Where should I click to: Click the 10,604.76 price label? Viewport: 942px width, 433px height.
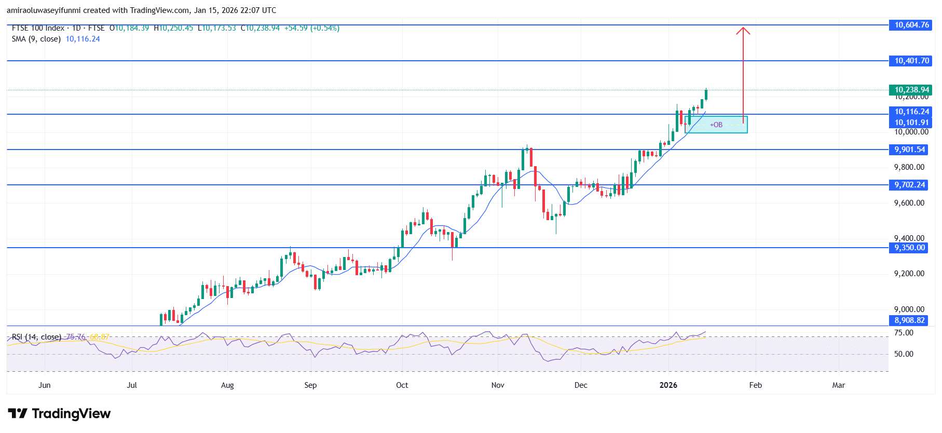click(911, 25)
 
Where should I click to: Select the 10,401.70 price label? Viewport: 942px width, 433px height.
click(911, 61)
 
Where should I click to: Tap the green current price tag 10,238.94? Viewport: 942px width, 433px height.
click(911, 90)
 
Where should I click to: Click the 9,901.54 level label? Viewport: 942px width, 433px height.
click(909, 150)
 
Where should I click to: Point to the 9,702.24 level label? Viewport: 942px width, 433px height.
click(909, 185)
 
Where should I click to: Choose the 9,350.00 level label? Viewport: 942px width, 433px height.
click(909, 248)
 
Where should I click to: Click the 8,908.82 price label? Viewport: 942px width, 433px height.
click(909, 320)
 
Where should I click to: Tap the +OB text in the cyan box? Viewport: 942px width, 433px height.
click(716, 125)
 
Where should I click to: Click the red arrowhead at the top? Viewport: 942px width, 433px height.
click(743, 30)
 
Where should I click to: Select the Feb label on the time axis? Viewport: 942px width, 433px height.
click(755, 385)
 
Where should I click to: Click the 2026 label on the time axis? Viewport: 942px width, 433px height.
click(668, 385)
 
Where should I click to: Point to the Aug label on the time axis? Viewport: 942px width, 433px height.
click(227, 385)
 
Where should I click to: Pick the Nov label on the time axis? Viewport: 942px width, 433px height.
click(497, 385)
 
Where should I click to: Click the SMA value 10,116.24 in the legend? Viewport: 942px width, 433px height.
click(83, 39)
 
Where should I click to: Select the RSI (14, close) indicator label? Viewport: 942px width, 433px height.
click(36, 337)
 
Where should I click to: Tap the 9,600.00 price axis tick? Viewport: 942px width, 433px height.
click(909, 203)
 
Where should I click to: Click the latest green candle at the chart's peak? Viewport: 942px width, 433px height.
click(706, 94)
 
